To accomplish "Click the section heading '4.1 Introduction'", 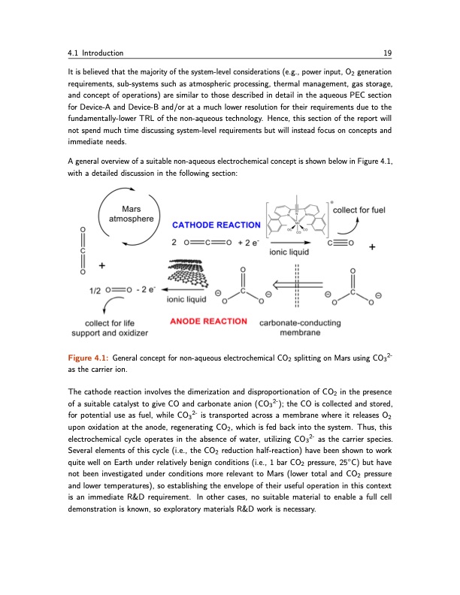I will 95,53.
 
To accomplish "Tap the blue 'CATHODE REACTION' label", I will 216,225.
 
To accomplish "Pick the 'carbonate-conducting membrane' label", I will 300,328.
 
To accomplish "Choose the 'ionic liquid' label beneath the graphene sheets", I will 185,300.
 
